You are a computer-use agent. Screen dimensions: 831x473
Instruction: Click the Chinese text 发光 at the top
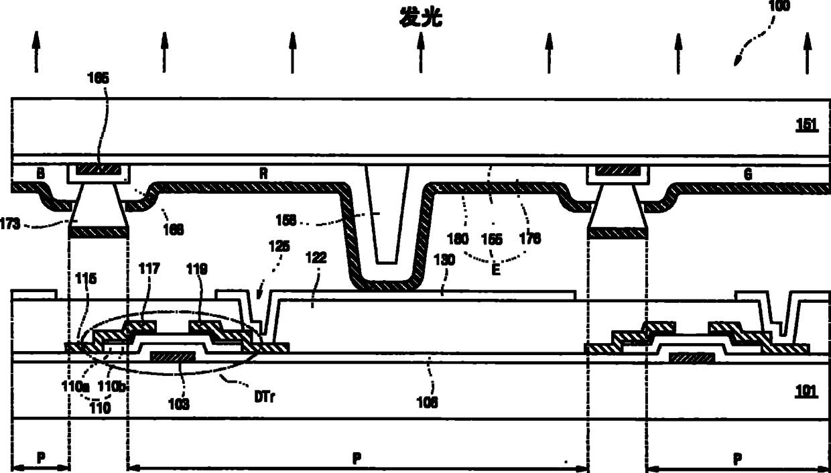click(421, 18)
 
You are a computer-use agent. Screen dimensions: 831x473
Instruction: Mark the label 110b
click(109, 386)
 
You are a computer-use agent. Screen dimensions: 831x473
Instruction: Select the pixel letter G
click(748, 174)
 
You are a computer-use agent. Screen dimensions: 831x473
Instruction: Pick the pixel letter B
click(41, 173)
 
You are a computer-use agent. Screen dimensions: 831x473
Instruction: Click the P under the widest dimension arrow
click(357, 459)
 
